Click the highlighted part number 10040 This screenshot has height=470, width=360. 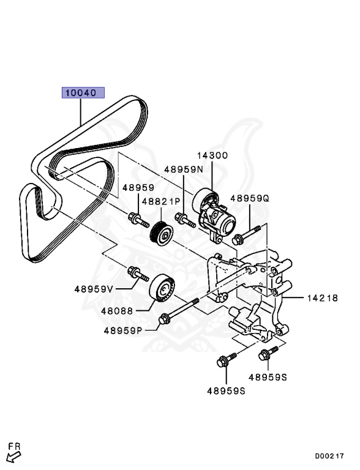[x=82, y=93]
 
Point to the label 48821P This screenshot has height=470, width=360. [x=161, y=201]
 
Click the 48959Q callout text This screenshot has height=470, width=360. [x=250, y=198]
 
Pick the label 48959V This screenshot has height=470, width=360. [x=95, y=288]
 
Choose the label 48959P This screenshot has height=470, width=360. [x=122, y=331]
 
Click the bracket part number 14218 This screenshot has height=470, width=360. [x=322, y=299]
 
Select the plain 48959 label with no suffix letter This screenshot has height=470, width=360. [x=137, y=188]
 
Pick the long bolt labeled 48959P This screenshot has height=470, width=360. [x=179, y=311]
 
